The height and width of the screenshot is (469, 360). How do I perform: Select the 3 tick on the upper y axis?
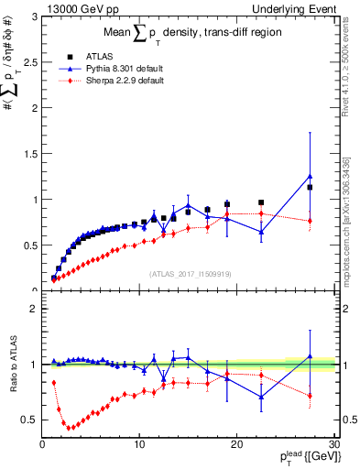35,17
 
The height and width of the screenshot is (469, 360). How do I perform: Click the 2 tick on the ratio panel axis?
35,309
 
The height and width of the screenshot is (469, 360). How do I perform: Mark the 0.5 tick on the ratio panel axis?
30,420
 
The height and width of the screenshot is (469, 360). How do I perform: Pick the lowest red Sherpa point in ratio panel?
69,428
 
